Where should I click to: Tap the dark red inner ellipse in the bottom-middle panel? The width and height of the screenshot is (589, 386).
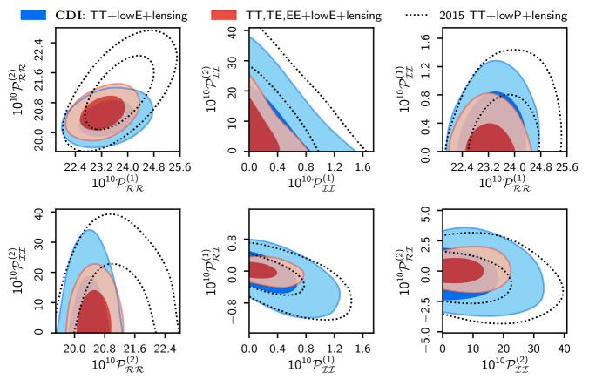click(262, 271)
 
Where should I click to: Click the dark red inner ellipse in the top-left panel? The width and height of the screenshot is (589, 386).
click(103, 112)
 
